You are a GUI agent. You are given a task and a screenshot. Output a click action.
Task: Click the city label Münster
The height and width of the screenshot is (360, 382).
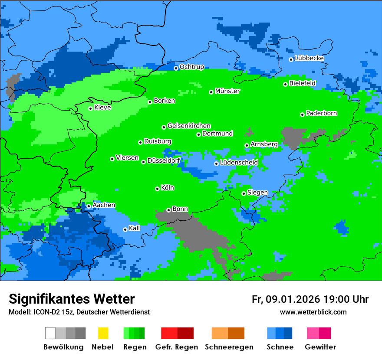pyautogui.click(x=227, y=91)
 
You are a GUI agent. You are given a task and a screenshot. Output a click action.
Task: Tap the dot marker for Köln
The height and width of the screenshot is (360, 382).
pyautogui.click(x=157, y=189)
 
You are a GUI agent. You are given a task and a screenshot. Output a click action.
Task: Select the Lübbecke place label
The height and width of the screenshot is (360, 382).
pyautogui.click(x=309, y=58)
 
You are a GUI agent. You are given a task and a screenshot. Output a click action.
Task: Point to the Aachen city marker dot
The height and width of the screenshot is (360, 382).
pyautogui.click(x=89, y=206)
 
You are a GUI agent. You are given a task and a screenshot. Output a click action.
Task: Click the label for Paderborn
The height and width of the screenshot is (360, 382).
pyautogui.click(x=321, y=113)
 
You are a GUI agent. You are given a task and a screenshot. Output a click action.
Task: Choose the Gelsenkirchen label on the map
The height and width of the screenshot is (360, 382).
pyautogui.click(x=189, y=126)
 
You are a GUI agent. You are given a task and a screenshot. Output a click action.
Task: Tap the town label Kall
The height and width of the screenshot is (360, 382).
pyautogui.click(x=134, y=228)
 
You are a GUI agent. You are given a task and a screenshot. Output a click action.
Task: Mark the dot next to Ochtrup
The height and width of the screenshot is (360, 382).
pyautogui.click(x=176, y=68)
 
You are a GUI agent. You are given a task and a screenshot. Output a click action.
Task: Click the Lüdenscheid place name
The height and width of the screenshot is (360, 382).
pyautogui.click(x=239, y=162)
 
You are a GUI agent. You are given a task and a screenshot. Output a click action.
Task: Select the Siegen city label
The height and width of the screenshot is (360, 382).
pyautogui.click(x=257, y=192)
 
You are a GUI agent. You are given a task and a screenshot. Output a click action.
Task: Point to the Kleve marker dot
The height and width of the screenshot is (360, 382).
pyautogui.click(x=90, y=108)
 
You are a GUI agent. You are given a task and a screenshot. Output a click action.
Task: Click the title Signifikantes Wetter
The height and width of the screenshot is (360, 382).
pyautogui.click(x=72, y=299)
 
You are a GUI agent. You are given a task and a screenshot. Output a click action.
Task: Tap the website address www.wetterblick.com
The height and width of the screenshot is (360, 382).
pyautogui.click(x=313, y=312)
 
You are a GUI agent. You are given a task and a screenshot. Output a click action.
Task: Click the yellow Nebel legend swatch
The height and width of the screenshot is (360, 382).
pyautogui.click(x=103, y=333)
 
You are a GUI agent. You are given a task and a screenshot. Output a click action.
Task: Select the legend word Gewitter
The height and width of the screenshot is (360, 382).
pyautogui.click(x=320, y=347)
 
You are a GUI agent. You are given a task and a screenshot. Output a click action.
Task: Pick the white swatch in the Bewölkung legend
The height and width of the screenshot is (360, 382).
pyautogui.click(x=50, y=333)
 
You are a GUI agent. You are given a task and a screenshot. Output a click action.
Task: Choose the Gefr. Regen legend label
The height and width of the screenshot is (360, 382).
pyautogui.click(x=176, y=347)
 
